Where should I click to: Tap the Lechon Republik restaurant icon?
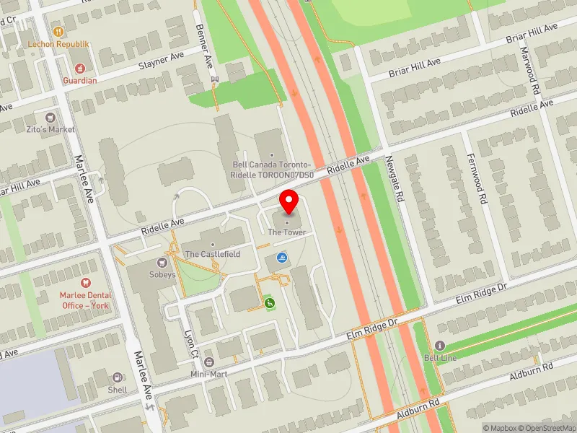tap(58, 32)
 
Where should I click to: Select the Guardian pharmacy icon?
tap(79, 69)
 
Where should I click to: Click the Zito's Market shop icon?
tap(51, 117)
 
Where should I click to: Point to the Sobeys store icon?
tap(162, 263)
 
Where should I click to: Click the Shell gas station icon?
tap(117, 377)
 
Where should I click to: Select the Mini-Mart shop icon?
tap(209, 362)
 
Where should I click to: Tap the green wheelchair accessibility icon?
tap(270, 304)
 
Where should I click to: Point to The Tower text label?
tap(287, 232)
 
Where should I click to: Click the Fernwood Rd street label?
tap(477, 178)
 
